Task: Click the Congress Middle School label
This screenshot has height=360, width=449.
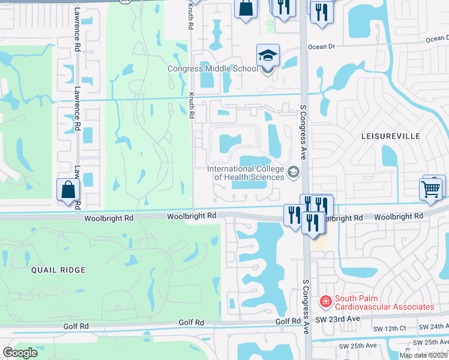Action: [x=213, y=68]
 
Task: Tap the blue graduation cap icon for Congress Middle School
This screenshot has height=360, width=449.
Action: [x=268, y=56]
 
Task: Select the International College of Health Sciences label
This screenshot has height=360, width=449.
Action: [x=246, y=173]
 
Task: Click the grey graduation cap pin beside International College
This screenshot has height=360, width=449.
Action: [x=294, y=173]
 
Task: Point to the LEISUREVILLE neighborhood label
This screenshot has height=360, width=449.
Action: [x=390, y=136]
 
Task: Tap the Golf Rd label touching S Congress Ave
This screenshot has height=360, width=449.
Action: [x=288, y=322]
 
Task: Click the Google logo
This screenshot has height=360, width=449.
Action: [x=20, y=353]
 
